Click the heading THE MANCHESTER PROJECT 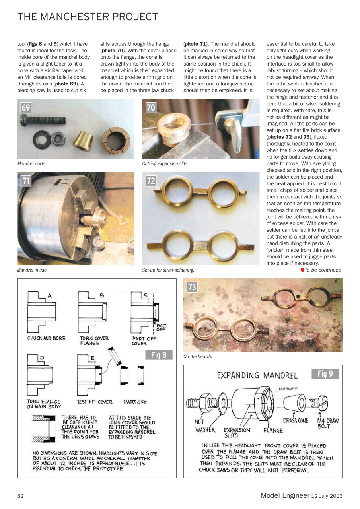click(x=88, y=17)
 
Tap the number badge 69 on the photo click(x=26, y=108)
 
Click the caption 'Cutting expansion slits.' click(x=165, y=164)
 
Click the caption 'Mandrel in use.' click(x=32, y=270)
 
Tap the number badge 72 click(x=151, y=181)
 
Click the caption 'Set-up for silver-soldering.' click(x=168, y=270)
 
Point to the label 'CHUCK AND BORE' click(x=46, y=338)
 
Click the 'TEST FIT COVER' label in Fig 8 click(x=95, y=402)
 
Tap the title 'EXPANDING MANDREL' click(x=257, y=375)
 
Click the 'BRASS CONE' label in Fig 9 click(x=295, y=420)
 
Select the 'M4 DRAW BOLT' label click(x=327, y=423)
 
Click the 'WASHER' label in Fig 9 click(x=205, y=430)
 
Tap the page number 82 click(x=21, y=495)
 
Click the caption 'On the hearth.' click(x=198, y=357)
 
